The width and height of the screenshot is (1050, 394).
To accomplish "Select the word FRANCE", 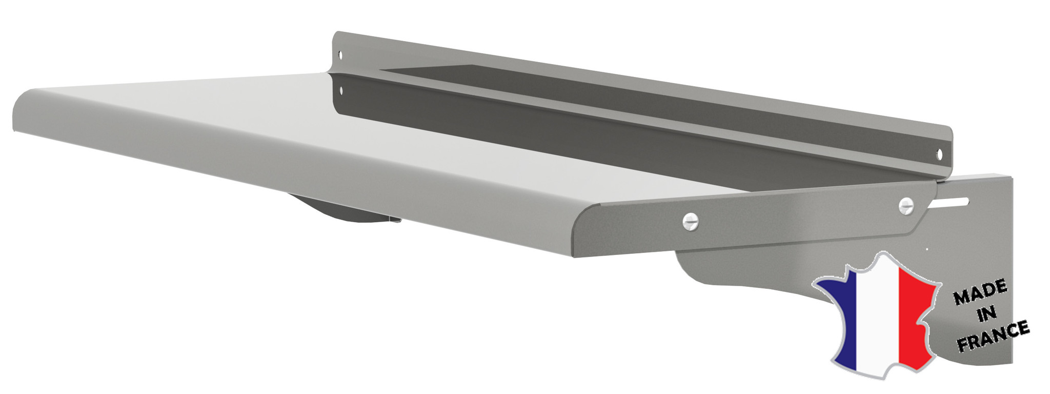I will point(993,336).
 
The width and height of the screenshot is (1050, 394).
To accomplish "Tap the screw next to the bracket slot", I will point(906,205).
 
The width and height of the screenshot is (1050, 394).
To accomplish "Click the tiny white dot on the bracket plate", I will point(927,250).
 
